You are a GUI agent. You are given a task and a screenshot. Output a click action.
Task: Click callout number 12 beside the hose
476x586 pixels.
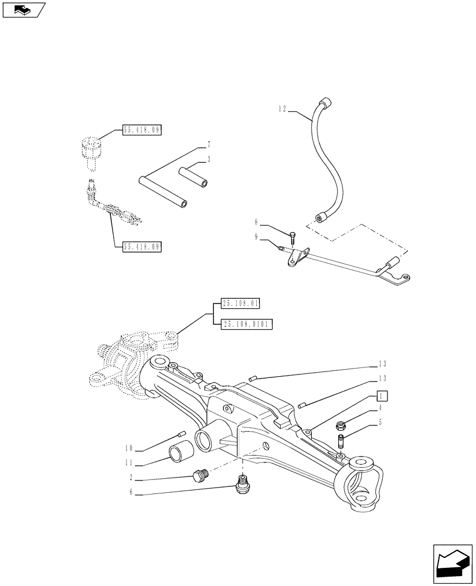pyautogui.click(x=283, y=108)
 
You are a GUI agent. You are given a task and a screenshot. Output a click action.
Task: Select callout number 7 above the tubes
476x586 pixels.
pyautogui.click(x=208, y=144)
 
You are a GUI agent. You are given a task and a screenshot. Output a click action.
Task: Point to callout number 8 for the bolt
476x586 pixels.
pyautogui.click(x=256, y=223)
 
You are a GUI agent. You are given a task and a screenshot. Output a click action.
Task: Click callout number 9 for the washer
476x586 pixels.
pyautogui.click(x=256, y=237)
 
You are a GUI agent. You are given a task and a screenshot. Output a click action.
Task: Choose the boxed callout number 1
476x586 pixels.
pyautogui.click(x=382, y=394)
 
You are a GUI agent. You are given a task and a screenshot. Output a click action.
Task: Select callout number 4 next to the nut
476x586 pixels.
pyautogui.click(x=381, y=407)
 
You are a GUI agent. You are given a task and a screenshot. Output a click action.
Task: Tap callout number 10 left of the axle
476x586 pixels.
pyautogui.click(x=129, y=449)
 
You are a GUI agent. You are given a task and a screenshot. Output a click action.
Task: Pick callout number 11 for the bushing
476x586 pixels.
pyautogui.click(x=129, y=463)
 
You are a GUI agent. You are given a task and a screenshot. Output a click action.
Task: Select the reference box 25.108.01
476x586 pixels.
pyautogui.click(x=240, y=303)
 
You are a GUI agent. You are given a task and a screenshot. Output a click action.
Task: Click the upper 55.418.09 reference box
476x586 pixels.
pyautogui.click(x=141, y=130)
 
